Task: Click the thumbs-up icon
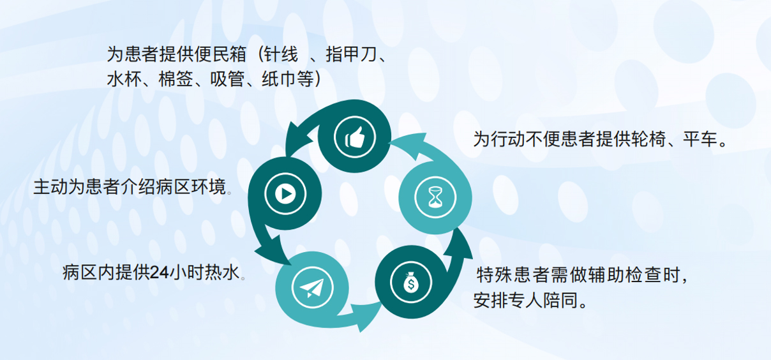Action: pos(355,137)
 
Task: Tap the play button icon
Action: pos(285,194)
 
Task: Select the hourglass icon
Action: pos(435,197)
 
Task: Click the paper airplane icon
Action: pos(312,288)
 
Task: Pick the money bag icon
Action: pos(410,282)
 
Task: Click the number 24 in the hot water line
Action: pos(160,273)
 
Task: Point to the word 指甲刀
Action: pos(352,55)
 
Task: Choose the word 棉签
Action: pos(176,79)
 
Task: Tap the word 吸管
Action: pos(227,79)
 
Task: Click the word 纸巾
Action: pos(279,79)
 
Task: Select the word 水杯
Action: pos(124,79)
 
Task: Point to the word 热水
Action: pos(222,273)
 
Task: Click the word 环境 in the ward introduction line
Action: pos(209,187)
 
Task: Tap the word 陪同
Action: pos(561,300)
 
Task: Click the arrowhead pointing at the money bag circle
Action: pos(366,315)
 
